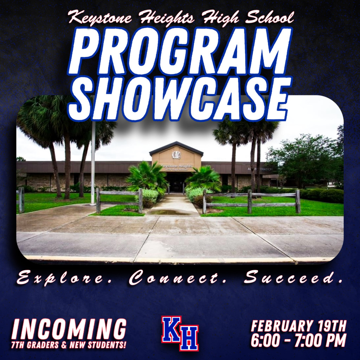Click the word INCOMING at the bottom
tap(69, 330)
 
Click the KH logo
tap(180, 333)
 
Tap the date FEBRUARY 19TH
tap(298, 326)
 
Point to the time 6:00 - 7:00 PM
tap(298, 340)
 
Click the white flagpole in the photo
tap(93, 162)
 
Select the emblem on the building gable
tap(176, 155)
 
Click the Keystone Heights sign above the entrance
tap(176, 166)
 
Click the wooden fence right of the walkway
tap(251, 201)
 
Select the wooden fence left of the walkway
tap(119, 200)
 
